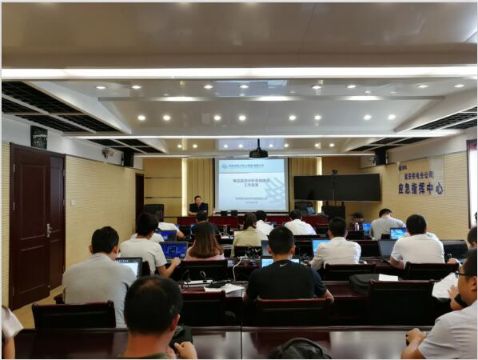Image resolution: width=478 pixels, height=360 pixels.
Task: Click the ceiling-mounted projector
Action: click(x=258, y=152)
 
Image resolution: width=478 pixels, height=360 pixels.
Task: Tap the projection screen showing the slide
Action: click(x=252, y=184)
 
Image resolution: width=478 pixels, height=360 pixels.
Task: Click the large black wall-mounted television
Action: click(x=337, y=187)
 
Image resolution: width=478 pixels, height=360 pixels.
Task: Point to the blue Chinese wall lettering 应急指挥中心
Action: click(x=424, y=189)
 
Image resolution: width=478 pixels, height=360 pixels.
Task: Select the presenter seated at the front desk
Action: click(x=198, y=206)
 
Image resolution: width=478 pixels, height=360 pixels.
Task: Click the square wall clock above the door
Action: click(x=38, y=138)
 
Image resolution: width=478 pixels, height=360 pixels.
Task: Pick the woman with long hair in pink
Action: click(x=205, y=243)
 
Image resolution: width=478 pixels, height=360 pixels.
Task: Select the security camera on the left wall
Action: click(x=106, y=152)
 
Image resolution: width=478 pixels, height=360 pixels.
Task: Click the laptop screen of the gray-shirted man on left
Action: click(x=129, y=264)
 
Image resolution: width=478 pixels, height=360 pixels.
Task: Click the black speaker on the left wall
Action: click(x=128, y=158)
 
